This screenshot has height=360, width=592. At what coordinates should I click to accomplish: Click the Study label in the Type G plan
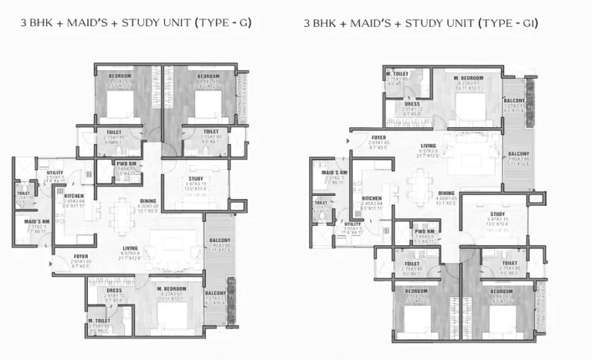[196, 178]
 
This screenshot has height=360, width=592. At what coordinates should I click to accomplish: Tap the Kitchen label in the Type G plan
[74, 196]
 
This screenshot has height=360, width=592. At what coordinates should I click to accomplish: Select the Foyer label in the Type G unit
[80, 256]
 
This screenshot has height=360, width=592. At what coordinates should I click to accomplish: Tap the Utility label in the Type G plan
[55, 172]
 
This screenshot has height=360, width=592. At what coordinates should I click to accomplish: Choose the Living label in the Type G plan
[130, 248]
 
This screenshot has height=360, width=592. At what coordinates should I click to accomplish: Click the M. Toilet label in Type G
[99, 320]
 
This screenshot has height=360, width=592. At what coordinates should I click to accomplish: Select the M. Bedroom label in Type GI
[468, 79]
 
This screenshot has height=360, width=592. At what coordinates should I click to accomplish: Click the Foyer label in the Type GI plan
[378, 137]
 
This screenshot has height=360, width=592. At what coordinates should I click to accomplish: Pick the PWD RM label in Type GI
[421, 231]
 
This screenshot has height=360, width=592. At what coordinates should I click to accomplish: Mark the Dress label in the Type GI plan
[412, 103]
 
